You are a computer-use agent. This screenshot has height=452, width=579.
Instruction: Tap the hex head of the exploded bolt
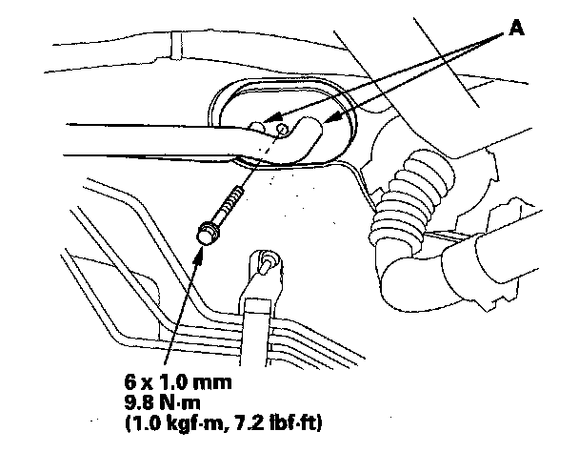coord(205,232)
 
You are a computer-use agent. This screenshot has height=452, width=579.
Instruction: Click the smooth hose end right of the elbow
coord(495,257)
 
